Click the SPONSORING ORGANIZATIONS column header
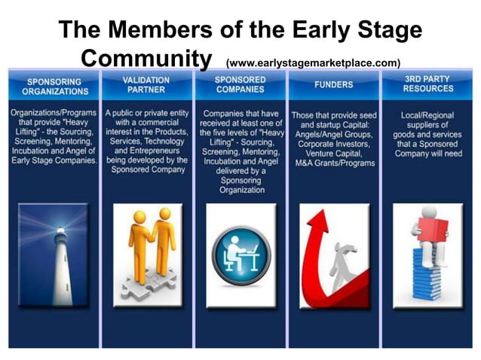[x=54, y=86]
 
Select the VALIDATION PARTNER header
[x=146, y=85]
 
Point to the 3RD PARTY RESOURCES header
[x=426, y=85]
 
